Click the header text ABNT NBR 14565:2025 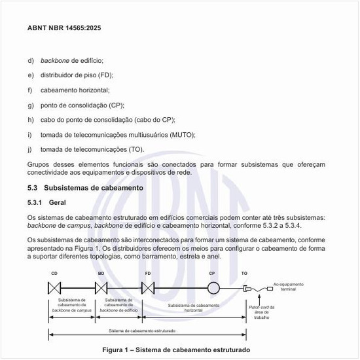[64, 29]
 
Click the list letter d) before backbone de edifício [30, 60]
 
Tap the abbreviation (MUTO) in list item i [182, 134]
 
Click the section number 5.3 [33, 188]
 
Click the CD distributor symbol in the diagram [54, 287]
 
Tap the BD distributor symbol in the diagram [101, 287]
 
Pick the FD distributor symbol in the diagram [148, 287]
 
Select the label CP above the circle [212, 272]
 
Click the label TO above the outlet [244, 272]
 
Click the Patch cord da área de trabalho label [262, 312]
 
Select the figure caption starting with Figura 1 [175, 349]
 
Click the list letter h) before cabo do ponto [30, 120]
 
